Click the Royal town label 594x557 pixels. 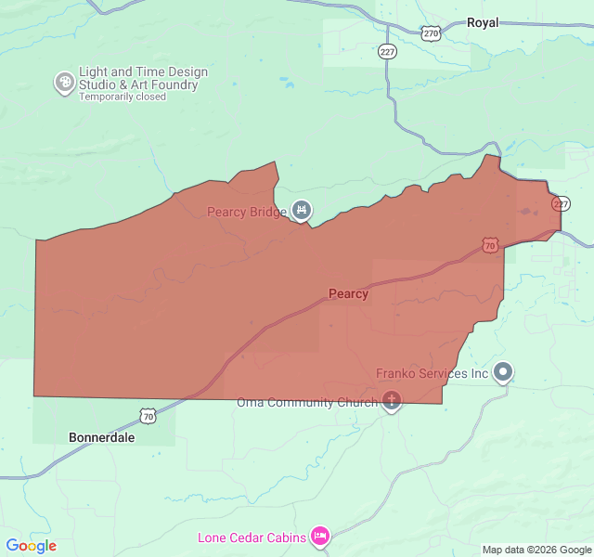click(x=483, y=22)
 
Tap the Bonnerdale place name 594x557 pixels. click(x=101, y=436)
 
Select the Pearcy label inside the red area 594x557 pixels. click(x=348, y=294)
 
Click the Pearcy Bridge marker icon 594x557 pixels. click(x=301, y=211)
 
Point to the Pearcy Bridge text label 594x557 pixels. click(x=246, y=212)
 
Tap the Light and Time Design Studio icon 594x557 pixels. click(x=65, y=83)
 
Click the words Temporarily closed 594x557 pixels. click(x=123, y=97)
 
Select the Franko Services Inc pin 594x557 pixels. click(x=503, y=372)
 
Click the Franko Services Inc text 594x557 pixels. click(x=432, y=374)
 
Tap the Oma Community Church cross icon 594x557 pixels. click(x=392, y=402)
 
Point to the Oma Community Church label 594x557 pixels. click(x=307, y=402)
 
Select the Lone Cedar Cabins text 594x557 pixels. click(x=252, y=538)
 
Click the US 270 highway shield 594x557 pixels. click(x=431, y=33)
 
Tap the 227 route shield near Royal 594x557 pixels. click(x=388, y=52)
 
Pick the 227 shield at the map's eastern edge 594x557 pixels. click(x=560, y=204)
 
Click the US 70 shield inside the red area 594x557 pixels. click(x=489, y=245)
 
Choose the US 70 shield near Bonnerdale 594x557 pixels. click(x=148, y=413)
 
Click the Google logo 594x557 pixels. click(x=31, y=546)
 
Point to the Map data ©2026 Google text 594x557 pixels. click(x=536, y=550)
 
